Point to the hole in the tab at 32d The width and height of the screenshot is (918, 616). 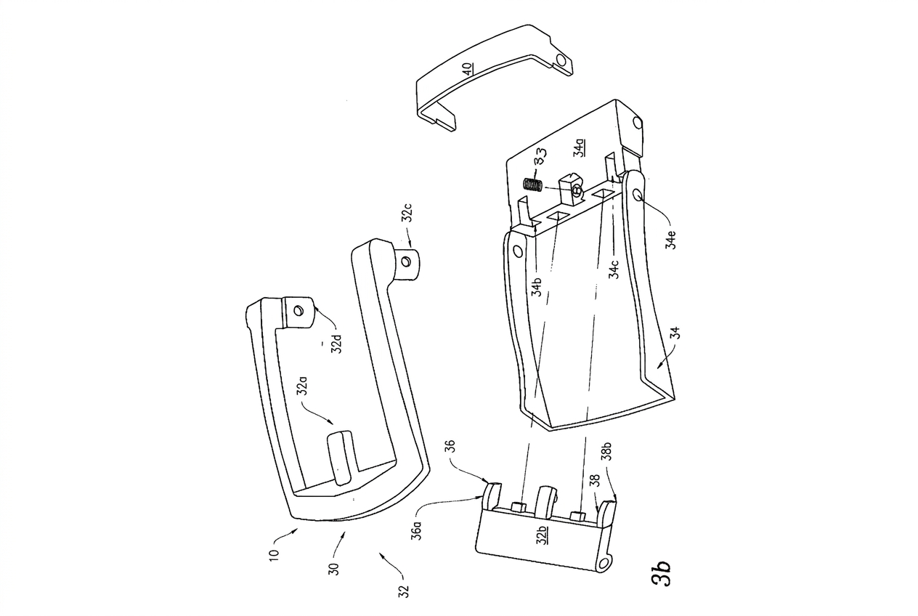tap(297, 310)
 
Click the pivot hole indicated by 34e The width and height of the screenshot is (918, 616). tap(638, 195)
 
